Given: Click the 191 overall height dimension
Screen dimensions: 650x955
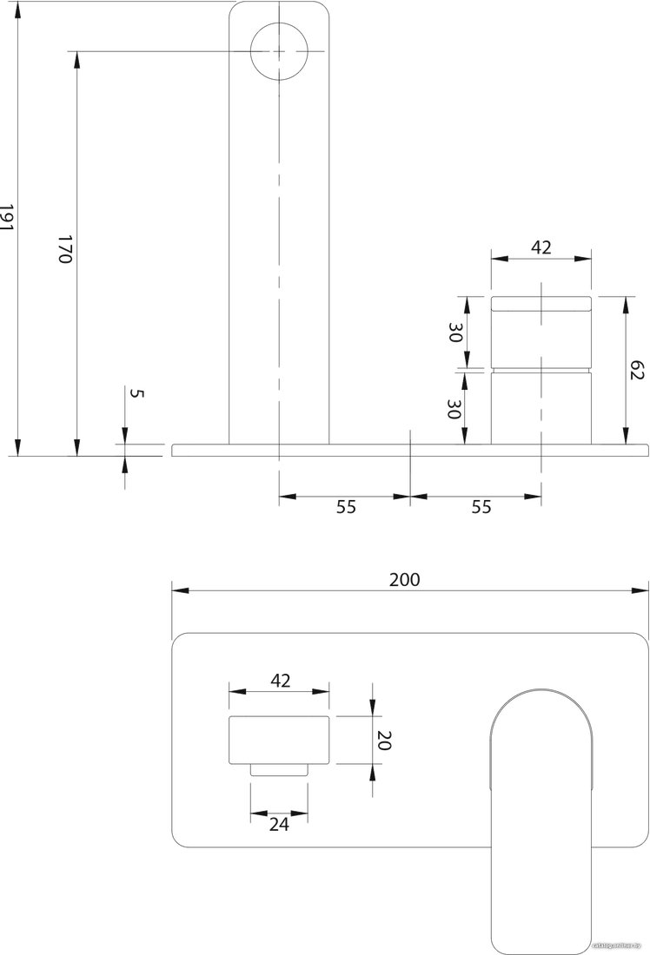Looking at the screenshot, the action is (6, 217).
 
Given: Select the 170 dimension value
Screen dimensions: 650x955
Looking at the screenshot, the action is (65, 248).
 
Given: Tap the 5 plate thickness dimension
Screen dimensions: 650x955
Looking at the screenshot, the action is (138, 393).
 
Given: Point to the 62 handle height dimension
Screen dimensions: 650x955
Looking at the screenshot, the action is (637, 371).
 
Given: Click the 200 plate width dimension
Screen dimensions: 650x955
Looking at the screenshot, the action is (405, 579).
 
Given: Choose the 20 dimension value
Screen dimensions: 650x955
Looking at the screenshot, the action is (384, 740).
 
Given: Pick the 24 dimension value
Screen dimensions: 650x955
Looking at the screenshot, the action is (279, 824).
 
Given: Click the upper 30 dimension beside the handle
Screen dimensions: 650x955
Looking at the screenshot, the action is (455, 333).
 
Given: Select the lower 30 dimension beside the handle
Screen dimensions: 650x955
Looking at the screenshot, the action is (454, 409).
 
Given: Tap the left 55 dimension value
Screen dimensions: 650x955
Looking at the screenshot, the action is (346, 507).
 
